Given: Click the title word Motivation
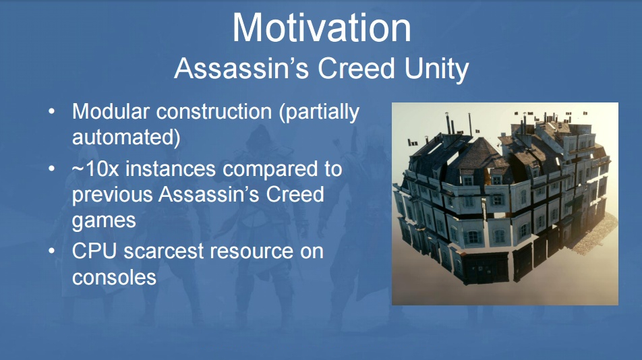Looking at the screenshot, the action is pyautogui.click(x=322, y=28).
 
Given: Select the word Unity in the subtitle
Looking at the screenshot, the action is pyautogui.click(x=436, y=69).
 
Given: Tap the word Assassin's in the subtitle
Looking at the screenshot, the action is pyautogui.click(x=241, y=68).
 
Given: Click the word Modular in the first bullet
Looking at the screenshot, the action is pyautogui.click(x=111, y=111).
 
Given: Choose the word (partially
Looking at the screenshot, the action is pyautogui.click(x=320, y=113).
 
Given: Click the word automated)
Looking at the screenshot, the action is pyautogui.click(x=126, y=138).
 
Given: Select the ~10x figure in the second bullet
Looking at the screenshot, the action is pyautogui.click(x=95, y=169).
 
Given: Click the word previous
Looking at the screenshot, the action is pyautogui.click(x=112, y=196).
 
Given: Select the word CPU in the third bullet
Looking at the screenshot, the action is pyautogui.click(x=94, y=251).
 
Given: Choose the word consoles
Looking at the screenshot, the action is pyautogui.click(x=114, y=278).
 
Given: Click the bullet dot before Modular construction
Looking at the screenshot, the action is pyautogui.click(x=51, y=112).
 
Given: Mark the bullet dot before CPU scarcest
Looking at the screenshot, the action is pyautogui.click(x=51, y=251).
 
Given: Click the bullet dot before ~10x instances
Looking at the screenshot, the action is pyautogui.click(x=51, y=169).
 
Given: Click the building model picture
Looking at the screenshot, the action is pyautogui.click(x=505, y=204).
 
